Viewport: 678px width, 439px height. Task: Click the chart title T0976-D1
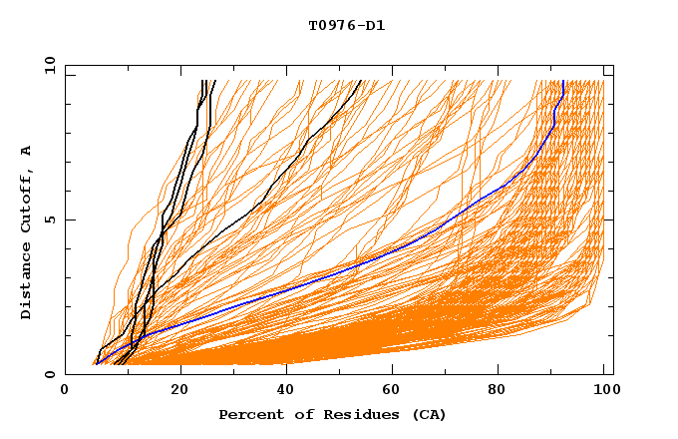(346, 26)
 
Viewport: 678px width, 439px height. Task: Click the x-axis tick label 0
(65, 393)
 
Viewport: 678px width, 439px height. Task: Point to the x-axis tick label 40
(284, 393)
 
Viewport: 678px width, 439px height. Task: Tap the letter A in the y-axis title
(27, 151)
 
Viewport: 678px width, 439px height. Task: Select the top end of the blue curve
(563, 82)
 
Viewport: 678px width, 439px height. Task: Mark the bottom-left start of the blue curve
(97, 363)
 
